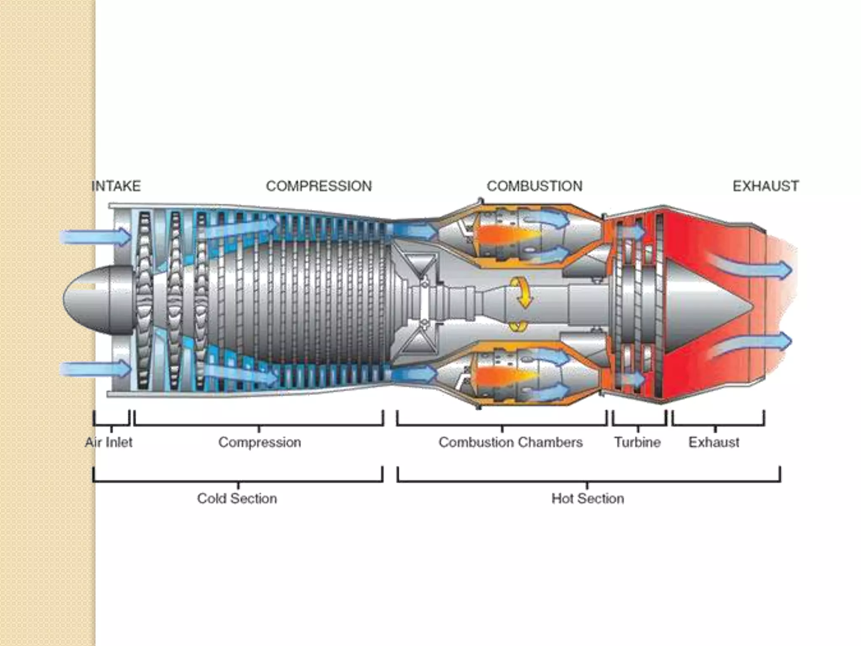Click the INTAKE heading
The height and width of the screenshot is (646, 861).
coord(116,186)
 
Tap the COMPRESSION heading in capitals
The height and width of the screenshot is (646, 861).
coord(319,186)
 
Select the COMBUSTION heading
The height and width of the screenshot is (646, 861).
coord(534,186)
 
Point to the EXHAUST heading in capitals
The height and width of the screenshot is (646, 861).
coord(766,186)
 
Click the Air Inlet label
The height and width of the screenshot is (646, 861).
coord(108,442)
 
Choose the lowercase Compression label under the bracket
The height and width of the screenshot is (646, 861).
coord(259,442)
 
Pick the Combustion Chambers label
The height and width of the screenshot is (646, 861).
coord(510,442)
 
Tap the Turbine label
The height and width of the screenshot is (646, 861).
coord(637,442)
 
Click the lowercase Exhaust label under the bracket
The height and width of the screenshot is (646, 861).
coord(713,442)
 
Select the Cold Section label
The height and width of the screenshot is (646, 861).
coord(237,498)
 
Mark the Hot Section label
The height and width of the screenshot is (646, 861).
coord(587,498)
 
